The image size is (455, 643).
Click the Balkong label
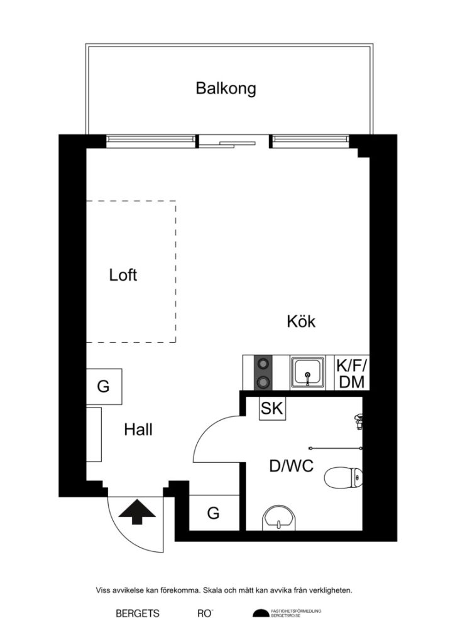click(x=226, y=89)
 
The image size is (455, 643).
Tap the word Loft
click(x=123, y=275)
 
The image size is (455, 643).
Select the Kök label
click(x=300, y=322)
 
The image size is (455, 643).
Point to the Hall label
click(x=138, y=430)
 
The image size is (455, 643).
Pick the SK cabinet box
click(x=273, y=409)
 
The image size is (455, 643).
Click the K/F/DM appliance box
click(x=351, y=374)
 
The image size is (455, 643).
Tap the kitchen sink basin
click(x=307, y=372)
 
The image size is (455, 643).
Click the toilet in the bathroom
click(x=344, y=478)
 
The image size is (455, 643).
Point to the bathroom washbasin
click(x=280, y=519)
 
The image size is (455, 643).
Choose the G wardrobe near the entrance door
click(x=214, y=514)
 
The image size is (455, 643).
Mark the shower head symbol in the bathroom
click(x=358, y=420)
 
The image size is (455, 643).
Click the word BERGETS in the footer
click(x=138, y=613)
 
